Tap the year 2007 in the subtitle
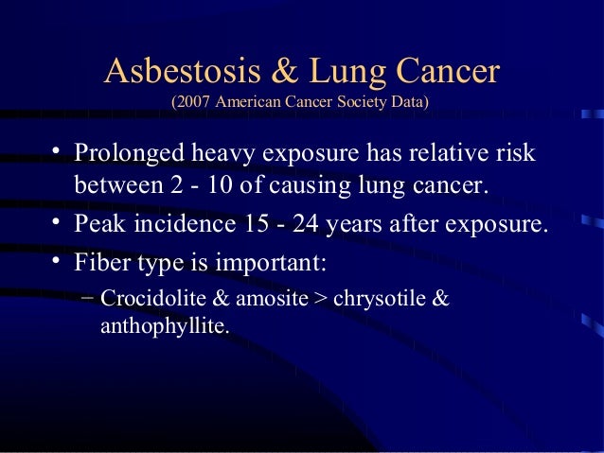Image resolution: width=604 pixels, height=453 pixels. pyautogui.click(x=194, y=100)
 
